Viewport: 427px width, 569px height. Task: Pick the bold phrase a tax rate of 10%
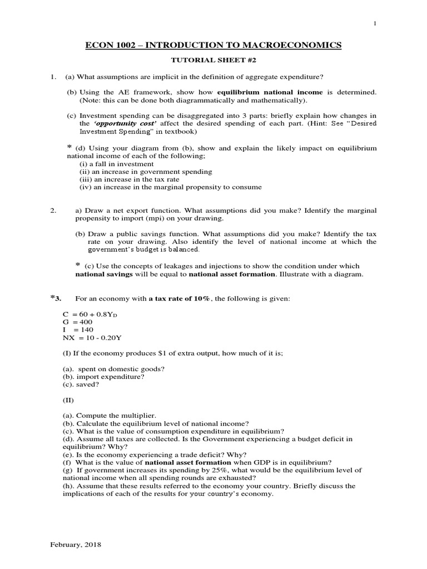click(x=179, y=298)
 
